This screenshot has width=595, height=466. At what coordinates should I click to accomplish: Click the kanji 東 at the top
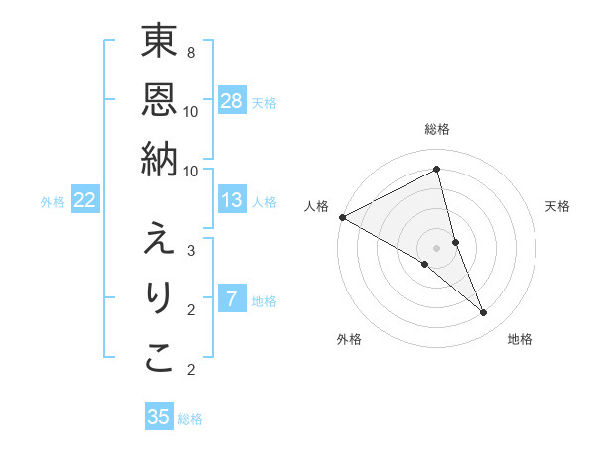159,42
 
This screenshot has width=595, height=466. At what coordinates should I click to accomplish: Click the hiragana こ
159,358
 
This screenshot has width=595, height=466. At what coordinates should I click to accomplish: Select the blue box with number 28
232,101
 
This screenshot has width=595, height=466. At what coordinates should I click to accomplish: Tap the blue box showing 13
232,201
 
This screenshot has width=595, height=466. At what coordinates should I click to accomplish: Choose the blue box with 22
85,201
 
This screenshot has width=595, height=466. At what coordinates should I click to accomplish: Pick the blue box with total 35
159,417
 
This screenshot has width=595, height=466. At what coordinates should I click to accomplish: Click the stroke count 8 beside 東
191,52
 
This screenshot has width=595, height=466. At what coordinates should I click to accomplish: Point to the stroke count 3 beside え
191,251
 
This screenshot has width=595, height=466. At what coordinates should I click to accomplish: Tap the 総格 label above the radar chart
436,129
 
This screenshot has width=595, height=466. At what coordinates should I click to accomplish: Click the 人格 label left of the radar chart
317,206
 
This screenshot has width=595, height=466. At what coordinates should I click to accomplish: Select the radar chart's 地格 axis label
520,339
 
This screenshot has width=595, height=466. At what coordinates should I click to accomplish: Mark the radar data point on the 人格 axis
342,217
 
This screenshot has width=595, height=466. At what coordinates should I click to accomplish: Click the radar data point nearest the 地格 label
484,312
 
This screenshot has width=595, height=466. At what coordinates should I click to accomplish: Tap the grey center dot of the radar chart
436,247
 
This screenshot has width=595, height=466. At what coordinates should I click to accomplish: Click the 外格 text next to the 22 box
53,202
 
